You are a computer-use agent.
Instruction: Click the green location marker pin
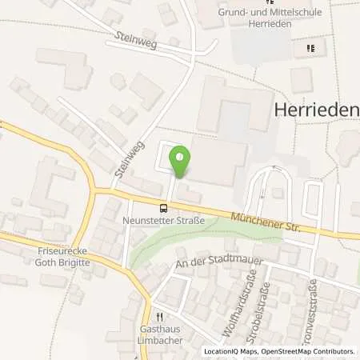tap(181, 160)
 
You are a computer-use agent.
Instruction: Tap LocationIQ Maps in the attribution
tap(232, 351)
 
